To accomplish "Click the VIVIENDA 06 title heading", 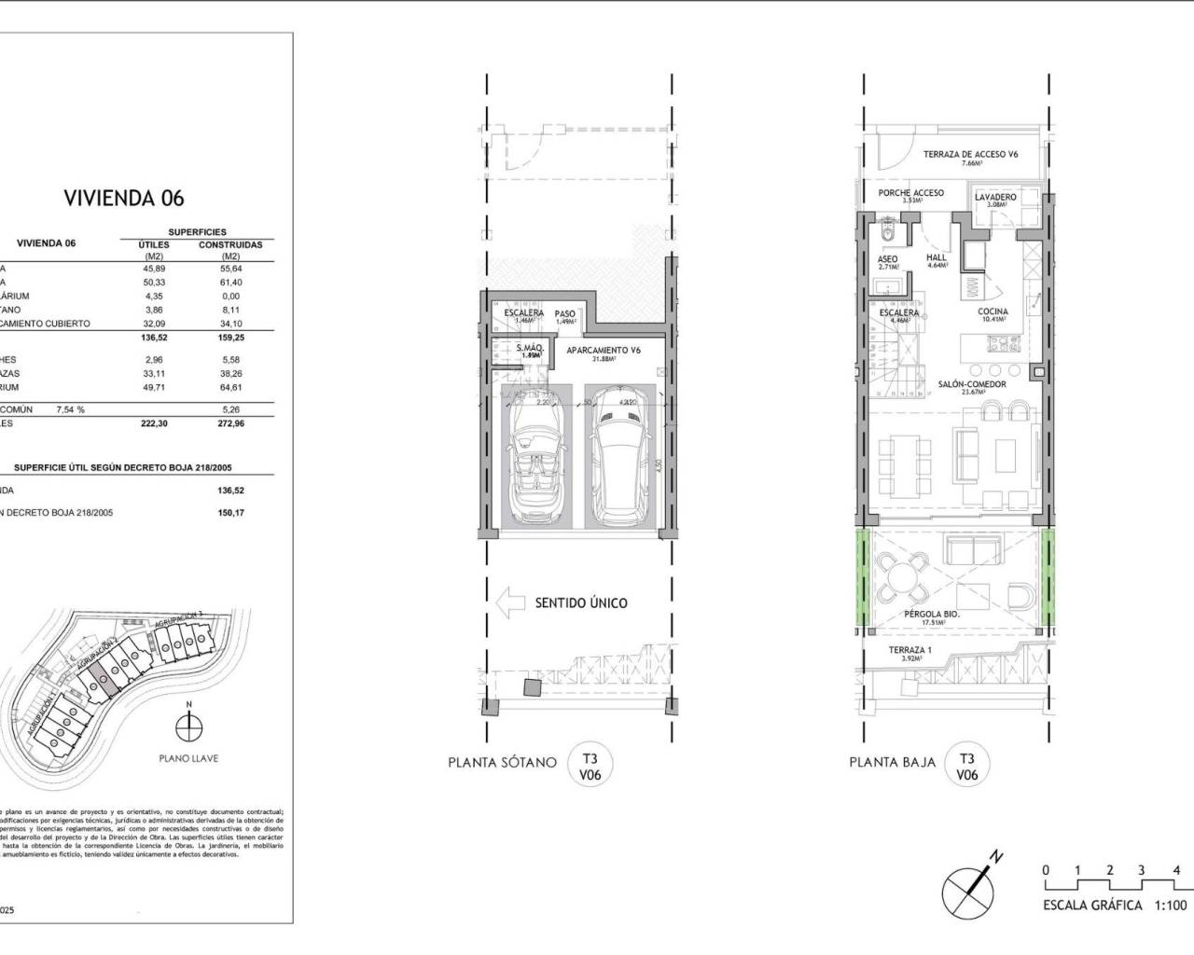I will pos(123,198).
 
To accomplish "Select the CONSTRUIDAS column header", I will pos(229,245).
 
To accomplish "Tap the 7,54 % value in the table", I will pos(70,408).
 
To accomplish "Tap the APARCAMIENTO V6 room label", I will pos(604,351).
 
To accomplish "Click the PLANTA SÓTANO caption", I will pos(502,762).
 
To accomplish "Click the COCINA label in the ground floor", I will pos(993,312).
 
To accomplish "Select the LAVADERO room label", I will pos(995,198).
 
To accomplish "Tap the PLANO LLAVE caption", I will pos(188,758).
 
